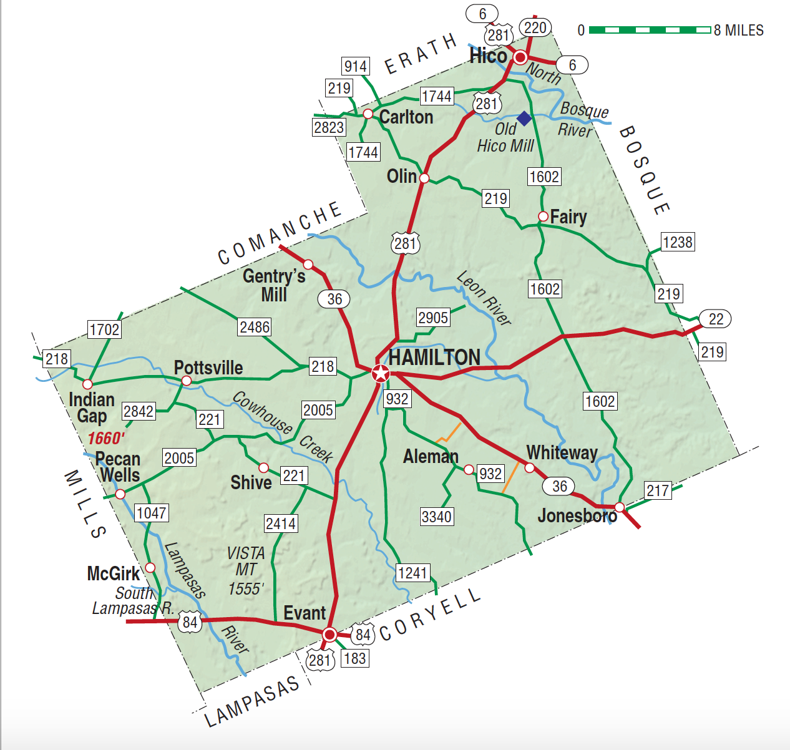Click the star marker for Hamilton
tap(380, 373)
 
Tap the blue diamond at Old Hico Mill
tap(524, 119)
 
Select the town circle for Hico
tap(520, 58)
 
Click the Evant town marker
tap(329, 635)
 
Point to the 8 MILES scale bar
tap(650, 30)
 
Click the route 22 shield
tap(715, 319)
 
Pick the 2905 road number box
tap(433, 318)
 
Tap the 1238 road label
tap(678, 242)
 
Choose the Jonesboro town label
tap(577, 515)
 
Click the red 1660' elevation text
tap(106, 438)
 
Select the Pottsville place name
tap(208, 368)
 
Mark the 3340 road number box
tap(437, 517)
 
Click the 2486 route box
tap(255, 327)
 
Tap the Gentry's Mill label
tap(274, 285)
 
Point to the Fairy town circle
tap(544, 217)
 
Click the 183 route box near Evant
tap(354, 658)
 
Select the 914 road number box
tap(356, 66)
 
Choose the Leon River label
tap(484, 298)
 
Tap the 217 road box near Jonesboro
tap(658, 490)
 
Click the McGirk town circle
tap(150, 567)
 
